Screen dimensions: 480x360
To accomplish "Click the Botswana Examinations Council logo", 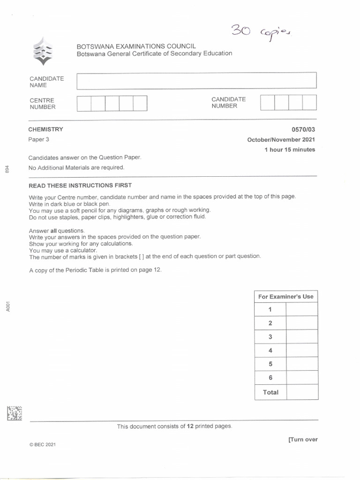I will (42, 51).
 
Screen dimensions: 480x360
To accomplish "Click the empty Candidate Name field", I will (196, 81).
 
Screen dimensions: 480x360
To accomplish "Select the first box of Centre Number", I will (84, 103).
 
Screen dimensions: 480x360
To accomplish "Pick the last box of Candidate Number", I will (309, 102).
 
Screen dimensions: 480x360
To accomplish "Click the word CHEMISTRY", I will (45, 129).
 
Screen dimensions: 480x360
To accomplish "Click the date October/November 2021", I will (281, 140).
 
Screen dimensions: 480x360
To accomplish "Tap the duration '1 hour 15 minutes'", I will (290, 150).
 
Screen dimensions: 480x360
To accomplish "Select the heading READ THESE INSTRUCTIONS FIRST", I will (80, 186).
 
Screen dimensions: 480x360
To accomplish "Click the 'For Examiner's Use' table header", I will (286, 297).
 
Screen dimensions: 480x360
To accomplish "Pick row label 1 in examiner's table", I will (270, 309).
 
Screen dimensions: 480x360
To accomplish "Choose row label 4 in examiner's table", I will (270, 351).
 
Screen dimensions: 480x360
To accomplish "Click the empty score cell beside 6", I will (301, 378).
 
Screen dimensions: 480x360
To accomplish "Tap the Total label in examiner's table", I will (270, 392).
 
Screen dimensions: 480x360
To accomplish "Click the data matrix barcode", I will (15, 413).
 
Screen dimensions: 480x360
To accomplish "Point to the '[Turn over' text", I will (303, 440).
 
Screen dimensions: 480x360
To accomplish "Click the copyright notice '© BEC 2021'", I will (42, 445).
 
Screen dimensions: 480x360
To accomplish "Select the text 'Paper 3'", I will (38, 140).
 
